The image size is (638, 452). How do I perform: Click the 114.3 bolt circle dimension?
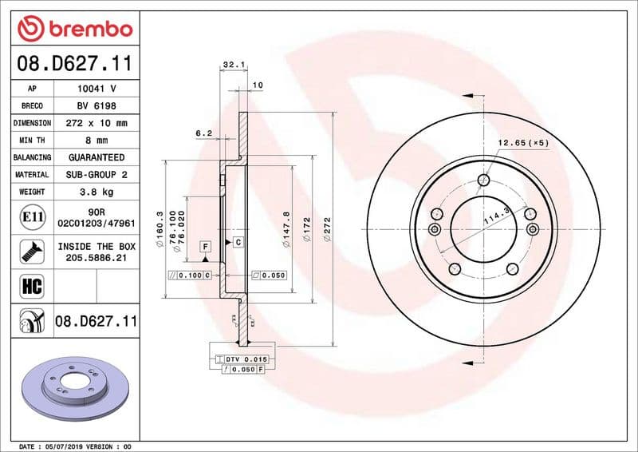[497, 216]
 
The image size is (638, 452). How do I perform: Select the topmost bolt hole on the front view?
[482, 180]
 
